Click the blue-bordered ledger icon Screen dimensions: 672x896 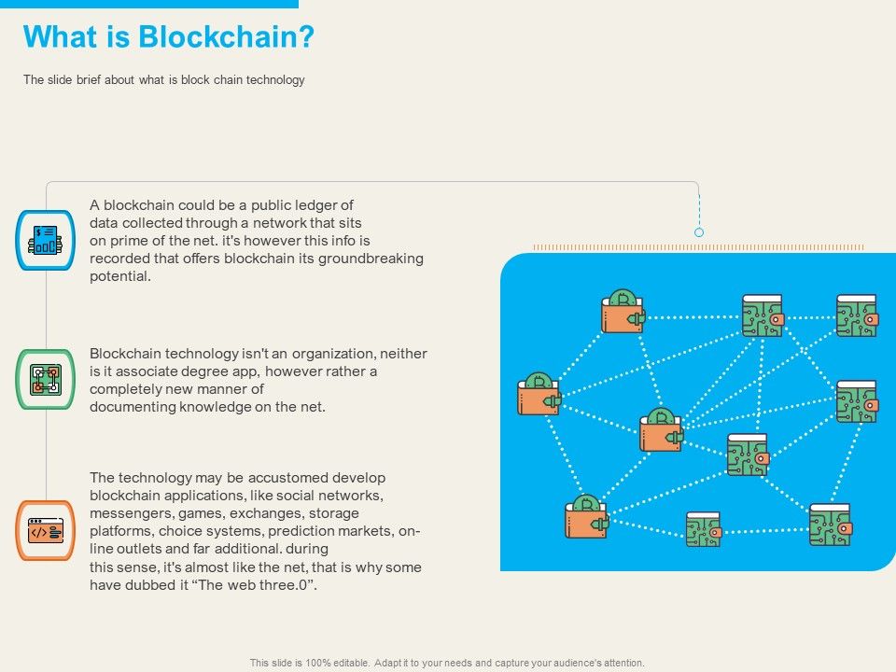pyautogui.click(x=46, y=240)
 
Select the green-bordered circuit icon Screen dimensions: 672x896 pyautogui.click(x=46, y=379)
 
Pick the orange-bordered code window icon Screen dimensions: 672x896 pyautogui.click(x=46, y=530)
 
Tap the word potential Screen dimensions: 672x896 pyautogui.click(x=119, y=276)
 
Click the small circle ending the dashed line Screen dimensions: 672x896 pyautogui.click(x=699, y=232)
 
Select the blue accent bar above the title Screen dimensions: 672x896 pyautogui.click(x=149, y=4)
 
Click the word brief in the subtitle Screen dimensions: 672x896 pyautogui.click(x=84, y=80)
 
